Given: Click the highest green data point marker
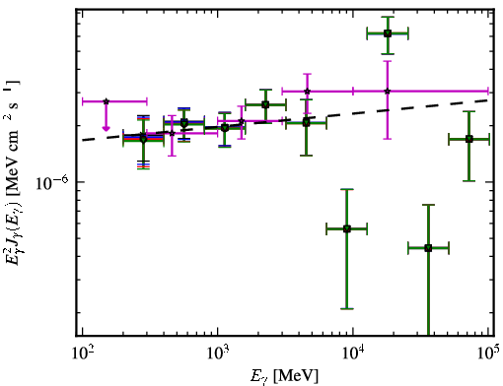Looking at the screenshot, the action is [388, 33].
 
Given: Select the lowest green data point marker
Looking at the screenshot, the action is [428, 248].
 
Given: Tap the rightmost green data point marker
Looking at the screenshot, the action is [469, 139].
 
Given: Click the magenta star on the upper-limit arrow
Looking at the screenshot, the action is [106, 101].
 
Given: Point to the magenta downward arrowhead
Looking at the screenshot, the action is [106, 128].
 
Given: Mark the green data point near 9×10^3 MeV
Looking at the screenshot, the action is [347, 228].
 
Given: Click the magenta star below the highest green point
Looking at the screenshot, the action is [388, 92].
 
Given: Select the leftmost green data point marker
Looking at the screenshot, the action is [143, 139].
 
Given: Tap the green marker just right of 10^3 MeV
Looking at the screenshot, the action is [225, 128].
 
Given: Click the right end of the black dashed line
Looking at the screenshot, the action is [489, 99].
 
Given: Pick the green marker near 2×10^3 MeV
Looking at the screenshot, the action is [265, 104].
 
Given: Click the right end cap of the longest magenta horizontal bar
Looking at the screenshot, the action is [488, 92].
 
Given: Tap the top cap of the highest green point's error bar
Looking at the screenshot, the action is [388, 17].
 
